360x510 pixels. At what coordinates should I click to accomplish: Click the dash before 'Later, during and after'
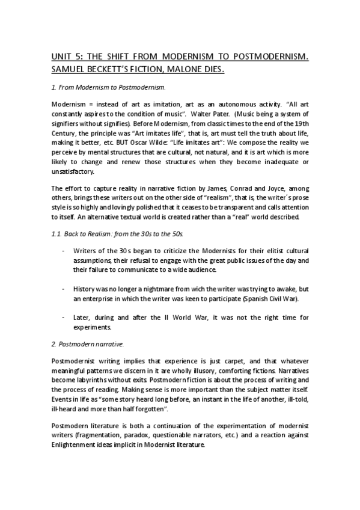pyautogui.click(x=64, y=318)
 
